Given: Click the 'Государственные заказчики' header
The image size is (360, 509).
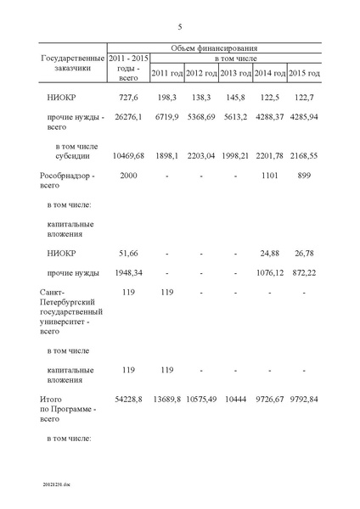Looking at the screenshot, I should coord(70,64).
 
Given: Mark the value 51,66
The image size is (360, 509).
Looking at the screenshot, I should coord(124,254).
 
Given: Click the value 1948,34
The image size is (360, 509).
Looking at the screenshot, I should coord(124,272).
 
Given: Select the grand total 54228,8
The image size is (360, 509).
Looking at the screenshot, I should coord(124,399).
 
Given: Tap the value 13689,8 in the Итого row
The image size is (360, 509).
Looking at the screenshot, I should coord(166,399).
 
